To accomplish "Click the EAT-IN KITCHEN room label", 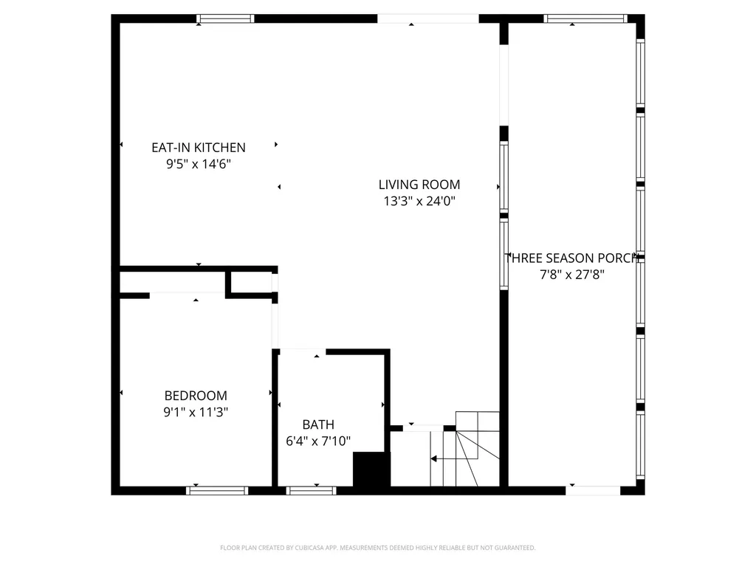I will [x=198, y=148].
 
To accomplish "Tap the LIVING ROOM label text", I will [x=419, y=185].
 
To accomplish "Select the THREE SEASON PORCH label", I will [x=573, y=258].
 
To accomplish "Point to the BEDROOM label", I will [x=196, y=396].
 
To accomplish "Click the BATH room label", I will [x=318, y=425].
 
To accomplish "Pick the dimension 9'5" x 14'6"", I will [x=198, y=165].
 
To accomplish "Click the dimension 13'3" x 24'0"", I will [x=419, y=202].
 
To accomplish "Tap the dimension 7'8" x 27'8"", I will [x=573, y=275].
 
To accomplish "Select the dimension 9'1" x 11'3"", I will [x=196, y=413].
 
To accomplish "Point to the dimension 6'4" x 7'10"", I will [x=318, y=441].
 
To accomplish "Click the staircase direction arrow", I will [x=434, y=458].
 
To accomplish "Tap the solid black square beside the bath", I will [x=371, y=470].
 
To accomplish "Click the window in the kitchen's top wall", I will [x=226, y=18].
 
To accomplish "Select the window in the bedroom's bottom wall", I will [x=217, y=490].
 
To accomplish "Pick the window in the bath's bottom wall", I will [x=311, y=490].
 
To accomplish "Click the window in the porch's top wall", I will [x=585, y=18].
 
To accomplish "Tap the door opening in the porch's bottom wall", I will [x=594, y=490].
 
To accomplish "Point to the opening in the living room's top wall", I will [x=429, y=18].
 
